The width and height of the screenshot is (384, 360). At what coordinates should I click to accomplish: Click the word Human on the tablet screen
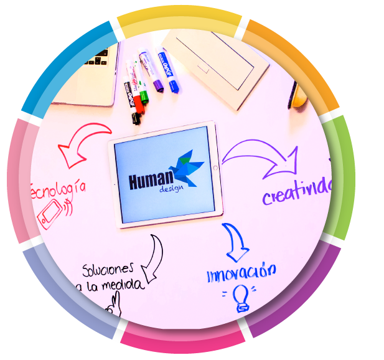pos(154,181)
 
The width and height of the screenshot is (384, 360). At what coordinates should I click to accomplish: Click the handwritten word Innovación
pos(241,272)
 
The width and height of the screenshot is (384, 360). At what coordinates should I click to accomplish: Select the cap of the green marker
pos(144,96)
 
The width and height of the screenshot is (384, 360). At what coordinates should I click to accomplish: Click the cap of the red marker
pos(138,108)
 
